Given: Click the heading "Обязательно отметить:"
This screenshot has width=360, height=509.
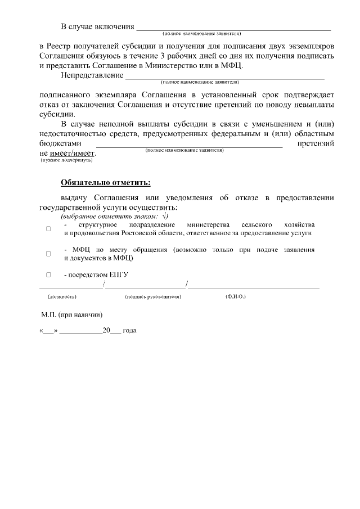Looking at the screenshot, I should click(x=105, y=182).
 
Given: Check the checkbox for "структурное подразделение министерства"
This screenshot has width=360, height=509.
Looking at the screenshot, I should click(x=48, y=228).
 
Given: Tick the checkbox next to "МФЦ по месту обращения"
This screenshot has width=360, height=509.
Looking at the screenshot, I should click(x=48, y=254).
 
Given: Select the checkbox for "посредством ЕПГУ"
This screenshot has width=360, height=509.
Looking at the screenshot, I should click(x=48, y=274).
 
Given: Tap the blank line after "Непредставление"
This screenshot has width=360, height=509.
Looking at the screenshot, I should click(x=224, y=75).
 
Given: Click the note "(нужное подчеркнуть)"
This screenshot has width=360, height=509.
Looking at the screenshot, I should click(x=66, y=160).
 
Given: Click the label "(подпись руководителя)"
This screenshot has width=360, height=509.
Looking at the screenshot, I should click(x=153, y=296).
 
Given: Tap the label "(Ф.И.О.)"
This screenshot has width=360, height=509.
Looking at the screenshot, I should click(x=235, y=296).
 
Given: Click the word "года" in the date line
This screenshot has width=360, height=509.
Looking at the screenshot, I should click(x=129, y=331).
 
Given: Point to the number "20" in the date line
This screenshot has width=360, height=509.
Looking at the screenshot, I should click(x=106, y=331).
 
